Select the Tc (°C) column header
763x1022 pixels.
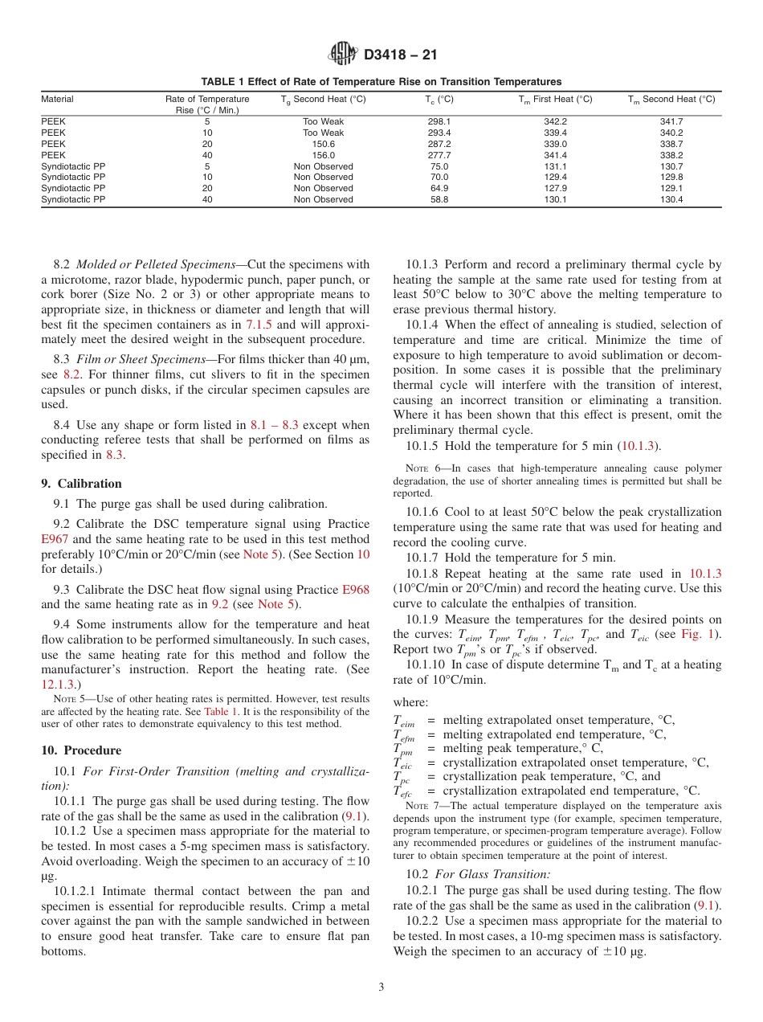coord(439,99)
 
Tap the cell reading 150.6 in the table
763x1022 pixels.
coord(323,144)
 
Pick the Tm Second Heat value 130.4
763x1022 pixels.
coord(671,199)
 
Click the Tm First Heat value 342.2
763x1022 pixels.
coord(555,121)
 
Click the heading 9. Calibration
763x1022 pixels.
coord(81,484)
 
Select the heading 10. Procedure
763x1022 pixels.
coord(81,750)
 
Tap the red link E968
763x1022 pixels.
coord(356,589)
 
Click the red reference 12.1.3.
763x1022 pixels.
coord(60,684)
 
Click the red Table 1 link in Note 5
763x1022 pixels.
coord(220,711)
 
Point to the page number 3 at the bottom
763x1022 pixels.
coord(381,987)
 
